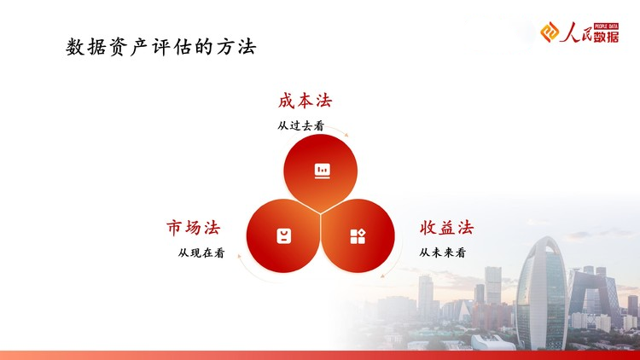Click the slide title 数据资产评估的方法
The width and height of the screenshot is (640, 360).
160,47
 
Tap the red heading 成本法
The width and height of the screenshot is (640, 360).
305,101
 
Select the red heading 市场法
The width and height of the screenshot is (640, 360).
193,228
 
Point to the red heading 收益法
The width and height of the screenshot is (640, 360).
446,228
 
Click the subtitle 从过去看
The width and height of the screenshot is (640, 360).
301,125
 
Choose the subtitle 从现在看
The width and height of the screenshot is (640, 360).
201,253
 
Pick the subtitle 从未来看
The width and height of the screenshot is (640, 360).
442,253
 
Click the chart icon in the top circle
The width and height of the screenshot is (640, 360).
322,171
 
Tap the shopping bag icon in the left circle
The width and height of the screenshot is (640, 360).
283,236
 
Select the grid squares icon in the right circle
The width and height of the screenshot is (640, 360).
358,236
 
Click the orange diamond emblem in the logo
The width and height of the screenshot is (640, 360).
550,32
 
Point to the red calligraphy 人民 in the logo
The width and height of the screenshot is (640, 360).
576,32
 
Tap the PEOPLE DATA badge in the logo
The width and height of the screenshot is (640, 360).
606,26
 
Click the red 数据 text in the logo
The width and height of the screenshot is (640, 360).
606,37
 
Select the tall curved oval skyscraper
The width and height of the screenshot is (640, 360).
542,293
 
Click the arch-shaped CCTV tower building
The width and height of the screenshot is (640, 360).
594,293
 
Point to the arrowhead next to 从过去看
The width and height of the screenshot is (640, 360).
346,134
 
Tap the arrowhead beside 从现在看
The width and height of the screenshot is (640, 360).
240,256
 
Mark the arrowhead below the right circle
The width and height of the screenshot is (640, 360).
382,276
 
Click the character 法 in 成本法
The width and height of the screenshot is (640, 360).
324,101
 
